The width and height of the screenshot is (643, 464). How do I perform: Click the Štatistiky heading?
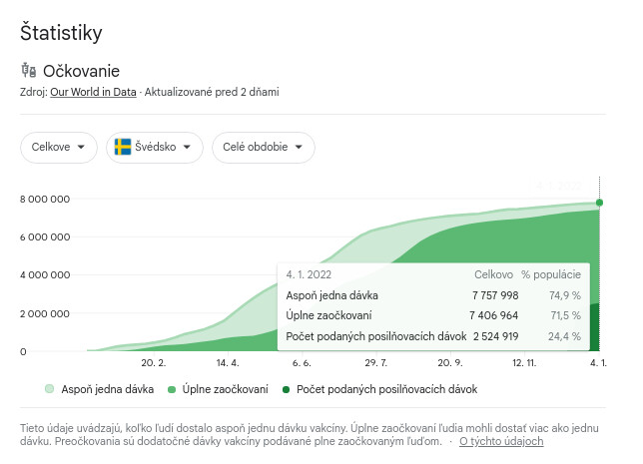pyautogui.click(x=61, y=33)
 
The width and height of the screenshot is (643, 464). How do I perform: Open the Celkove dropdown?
pyautogui.click(x=59, y=147)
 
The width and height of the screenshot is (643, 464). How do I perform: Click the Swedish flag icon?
pyautogui.click(x=124, y=147)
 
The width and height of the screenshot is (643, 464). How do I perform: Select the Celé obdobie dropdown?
pyautogui.click(x=263, y=147)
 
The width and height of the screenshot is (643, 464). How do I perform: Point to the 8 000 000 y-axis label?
pyautogui.click(x=45, y=200)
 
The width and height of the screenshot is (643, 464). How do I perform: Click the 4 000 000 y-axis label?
pyautogui.click(x=45, y=275)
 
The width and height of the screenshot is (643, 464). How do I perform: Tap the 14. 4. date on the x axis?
pyautogui.click(x=228, y=364)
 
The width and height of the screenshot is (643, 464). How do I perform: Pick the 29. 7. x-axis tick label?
pyautogui.click(x=376, y=364)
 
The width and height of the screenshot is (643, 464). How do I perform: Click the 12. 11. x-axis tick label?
pyautogui.click(x=524, y=364)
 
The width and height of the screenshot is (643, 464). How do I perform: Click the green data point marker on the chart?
pyautogui.click(x=599, y=203)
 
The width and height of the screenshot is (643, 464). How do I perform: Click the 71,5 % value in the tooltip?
pyautogui.click(x=564, y=315)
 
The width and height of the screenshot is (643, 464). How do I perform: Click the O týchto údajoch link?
pyautogui.click(x=501, y=441)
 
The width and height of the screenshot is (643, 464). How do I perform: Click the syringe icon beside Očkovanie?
pyautogui.click(x=28, y=71)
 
